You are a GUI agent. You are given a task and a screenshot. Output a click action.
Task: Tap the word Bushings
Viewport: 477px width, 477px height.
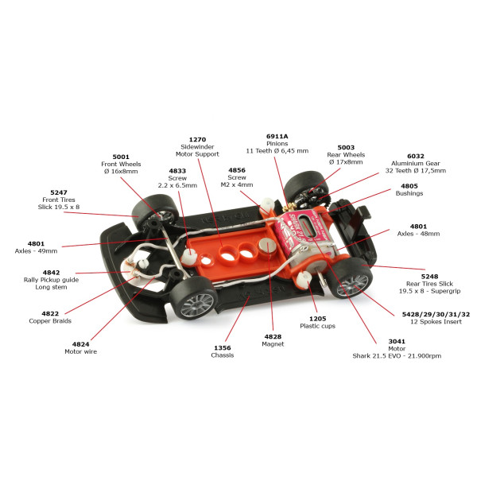point(409,193)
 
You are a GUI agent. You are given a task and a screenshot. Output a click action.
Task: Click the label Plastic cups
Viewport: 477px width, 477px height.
point(316,326)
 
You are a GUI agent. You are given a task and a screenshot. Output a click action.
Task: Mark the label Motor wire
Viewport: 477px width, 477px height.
point(80,351)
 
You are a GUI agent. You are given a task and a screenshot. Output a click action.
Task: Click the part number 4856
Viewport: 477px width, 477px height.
point(237,169)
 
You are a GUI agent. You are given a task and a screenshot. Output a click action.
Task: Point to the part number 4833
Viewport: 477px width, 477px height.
point(177,170)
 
